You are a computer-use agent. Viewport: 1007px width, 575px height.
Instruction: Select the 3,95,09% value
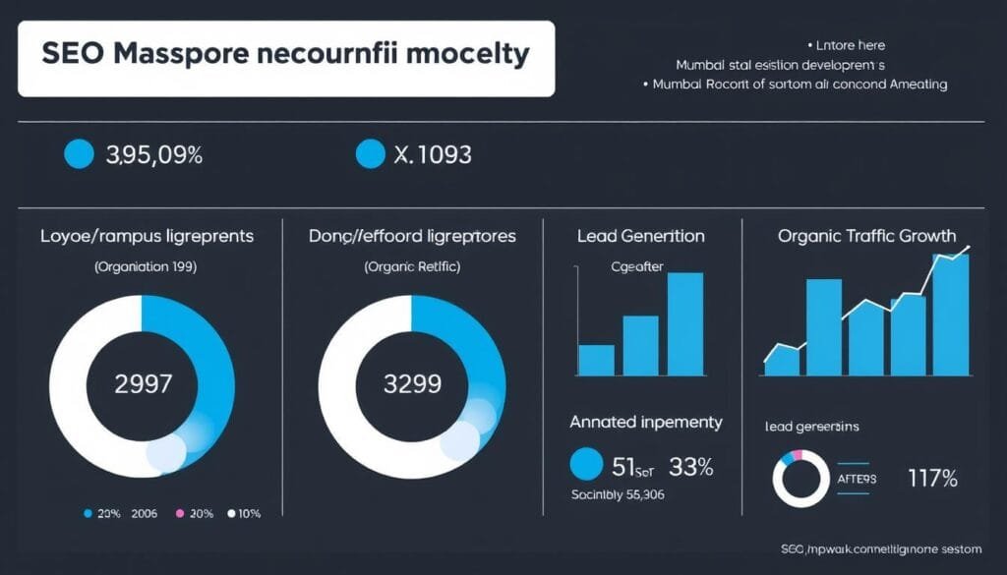152,154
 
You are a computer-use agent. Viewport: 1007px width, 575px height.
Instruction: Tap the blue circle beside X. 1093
369,153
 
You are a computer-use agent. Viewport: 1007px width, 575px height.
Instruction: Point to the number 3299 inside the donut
412,384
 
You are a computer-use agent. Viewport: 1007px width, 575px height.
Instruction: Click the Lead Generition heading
641,236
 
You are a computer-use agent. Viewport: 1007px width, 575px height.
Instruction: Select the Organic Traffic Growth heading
866,236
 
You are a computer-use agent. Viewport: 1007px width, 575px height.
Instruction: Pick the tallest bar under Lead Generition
685,324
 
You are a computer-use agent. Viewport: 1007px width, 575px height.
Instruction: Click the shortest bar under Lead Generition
596,360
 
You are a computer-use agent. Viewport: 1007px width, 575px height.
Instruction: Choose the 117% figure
932,480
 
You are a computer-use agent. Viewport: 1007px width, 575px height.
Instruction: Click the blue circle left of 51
586,465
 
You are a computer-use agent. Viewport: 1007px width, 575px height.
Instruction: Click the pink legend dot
180,514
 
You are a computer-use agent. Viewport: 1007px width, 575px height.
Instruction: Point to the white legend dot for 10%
232,514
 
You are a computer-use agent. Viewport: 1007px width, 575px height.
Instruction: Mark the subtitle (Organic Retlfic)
412,266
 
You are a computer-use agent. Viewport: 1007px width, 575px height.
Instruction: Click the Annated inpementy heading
646,423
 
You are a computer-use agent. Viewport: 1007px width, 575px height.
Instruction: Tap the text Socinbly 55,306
619,494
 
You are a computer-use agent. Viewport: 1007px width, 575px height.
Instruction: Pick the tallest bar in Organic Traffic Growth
950,315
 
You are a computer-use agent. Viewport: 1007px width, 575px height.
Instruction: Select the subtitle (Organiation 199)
143,266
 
